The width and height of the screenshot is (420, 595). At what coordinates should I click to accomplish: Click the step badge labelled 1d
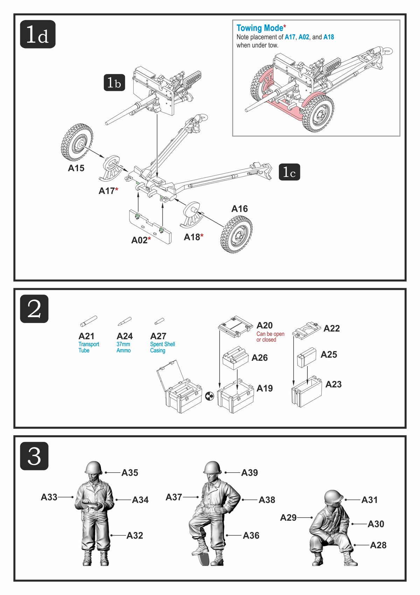[38, 34]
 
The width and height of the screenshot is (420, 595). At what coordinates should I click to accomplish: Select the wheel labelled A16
[236, 234]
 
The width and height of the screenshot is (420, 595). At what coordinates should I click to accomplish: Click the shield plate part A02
[150, 227]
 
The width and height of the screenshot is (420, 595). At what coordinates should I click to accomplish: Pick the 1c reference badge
[289, 172]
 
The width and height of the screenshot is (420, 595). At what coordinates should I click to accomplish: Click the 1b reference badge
[114, 83]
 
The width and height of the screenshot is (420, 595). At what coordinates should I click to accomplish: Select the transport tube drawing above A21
[89, 321]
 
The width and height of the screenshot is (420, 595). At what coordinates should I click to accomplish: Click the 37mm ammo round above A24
[125, 321]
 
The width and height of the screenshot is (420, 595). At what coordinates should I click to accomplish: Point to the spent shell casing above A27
[160, 321]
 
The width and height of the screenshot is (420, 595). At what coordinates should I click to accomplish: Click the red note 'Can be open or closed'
[270, 337]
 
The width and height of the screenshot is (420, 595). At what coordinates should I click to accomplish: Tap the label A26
[259, 358]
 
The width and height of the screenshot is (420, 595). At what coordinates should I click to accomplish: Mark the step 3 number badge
[34, 456]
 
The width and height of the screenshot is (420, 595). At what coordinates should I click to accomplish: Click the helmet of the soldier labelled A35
[93, 467]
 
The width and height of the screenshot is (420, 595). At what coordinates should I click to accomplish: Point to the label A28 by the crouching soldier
[378, 545]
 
